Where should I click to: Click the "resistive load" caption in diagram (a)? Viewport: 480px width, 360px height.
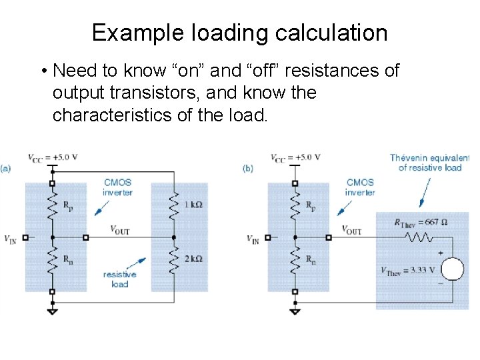(x=119, y=279)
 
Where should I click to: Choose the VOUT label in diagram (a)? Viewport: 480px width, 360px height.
(x=120, y=229)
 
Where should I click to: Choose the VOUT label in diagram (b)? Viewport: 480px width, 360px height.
(x=351, y=229)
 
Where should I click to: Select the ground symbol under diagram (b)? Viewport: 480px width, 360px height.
(x=294, y=310)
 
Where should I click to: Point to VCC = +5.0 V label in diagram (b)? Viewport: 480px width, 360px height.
(x=295, y=157)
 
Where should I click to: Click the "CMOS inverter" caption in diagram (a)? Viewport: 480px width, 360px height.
(x=117, y=187)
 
